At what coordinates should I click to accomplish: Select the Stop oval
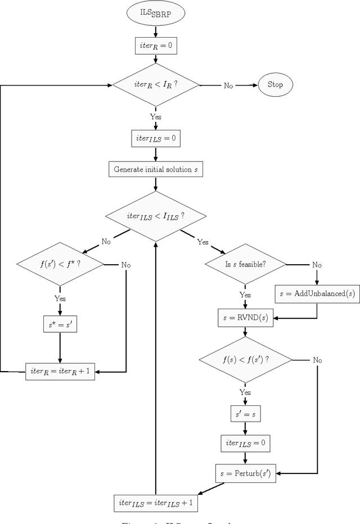point(276,85)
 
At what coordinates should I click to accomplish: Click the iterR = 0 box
point(156,46)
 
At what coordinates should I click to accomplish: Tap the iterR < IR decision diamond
point(156,85)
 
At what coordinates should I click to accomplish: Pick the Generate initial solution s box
point(156,169)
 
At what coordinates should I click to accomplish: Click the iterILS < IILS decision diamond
point(156,216)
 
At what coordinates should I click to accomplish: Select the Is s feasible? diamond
point(245,264)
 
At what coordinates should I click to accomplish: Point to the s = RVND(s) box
point(245,318)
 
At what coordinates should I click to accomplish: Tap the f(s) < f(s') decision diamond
point(245,360)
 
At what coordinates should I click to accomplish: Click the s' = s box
point(245,414)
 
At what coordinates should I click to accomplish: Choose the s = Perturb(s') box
point(245,473)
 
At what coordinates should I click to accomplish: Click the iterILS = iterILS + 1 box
point(156,503)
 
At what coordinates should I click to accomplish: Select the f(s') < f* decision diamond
point(60,264)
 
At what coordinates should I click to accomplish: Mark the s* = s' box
point(60,324)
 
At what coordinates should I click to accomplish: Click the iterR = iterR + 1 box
point(60,372)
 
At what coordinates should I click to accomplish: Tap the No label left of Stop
point(228,85)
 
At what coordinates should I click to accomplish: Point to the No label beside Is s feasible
point(317,264)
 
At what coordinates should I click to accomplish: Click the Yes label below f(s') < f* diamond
point(60,298)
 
